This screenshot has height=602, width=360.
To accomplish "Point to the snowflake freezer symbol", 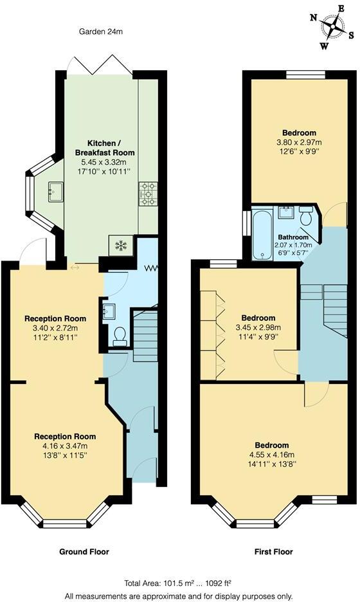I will (x=120, y=244).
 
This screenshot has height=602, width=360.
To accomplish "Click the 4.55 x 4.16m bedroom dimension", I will (x=271, y=455).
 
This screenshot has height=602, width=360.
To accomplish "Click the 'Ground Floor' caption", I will (x=84, y=552).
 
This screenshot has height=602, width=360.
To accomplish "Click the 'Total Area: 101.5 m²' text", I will (x=178, y=582).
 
